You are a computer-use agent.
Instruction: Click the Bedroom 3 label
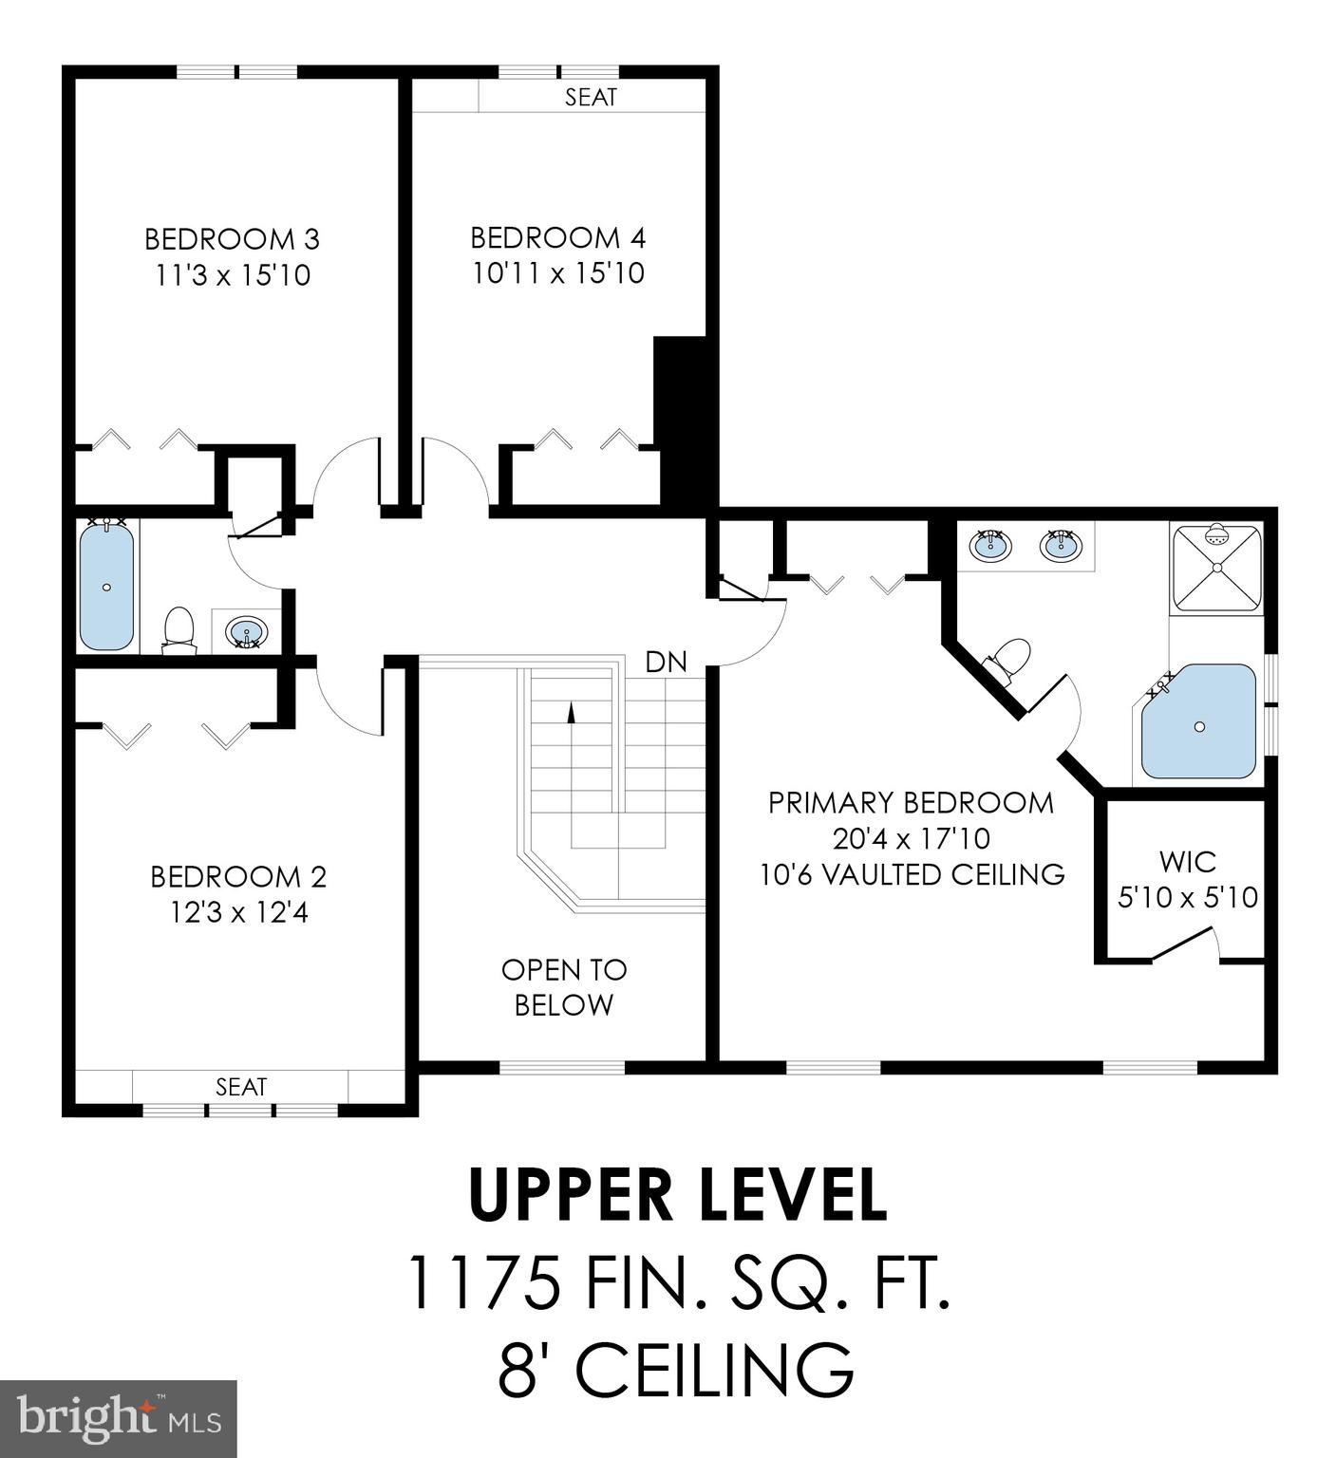[x=232, y=238]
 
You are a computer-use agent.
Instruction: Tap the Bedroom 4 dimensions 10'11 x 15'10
[x=558, y=274]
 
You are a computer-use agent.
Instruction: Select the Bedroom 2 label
[x=238, y=876]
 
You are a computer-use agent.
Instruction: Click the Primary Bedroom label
[x=911, y=803]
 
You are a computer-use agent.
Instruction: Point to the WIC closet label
[x=1187, y=862]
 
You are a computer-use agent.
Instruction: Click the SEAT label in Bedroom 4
[x=591, y=97]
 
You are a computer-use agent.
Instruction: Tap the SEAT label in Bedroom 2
[x=241, y=1086]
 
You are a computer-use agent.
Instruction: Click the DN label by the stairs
[x=666, y=663]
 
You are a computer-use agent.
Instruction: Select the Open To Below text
[x=564, y=987]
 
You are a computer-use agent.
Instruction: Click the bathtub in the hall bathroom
[x=107, y=587]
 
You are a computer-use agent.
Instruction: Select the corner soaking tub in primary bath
[x=1199, y=723]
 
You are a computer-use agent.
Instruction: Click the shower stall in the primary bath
[x=1216, y=568]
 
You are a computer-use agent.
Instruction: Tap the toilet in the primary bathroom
[x=1009, y=659]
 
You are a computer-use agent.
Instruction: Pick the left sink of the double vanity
[x=990, y=546]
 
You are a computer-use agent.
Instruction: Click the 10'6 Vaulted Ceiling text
[x=912, y=874]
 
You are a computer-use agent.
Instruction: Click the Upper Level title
[x=678, y=1195]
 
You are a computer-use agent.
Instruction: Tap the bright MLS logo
[x=119, y=1418]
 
